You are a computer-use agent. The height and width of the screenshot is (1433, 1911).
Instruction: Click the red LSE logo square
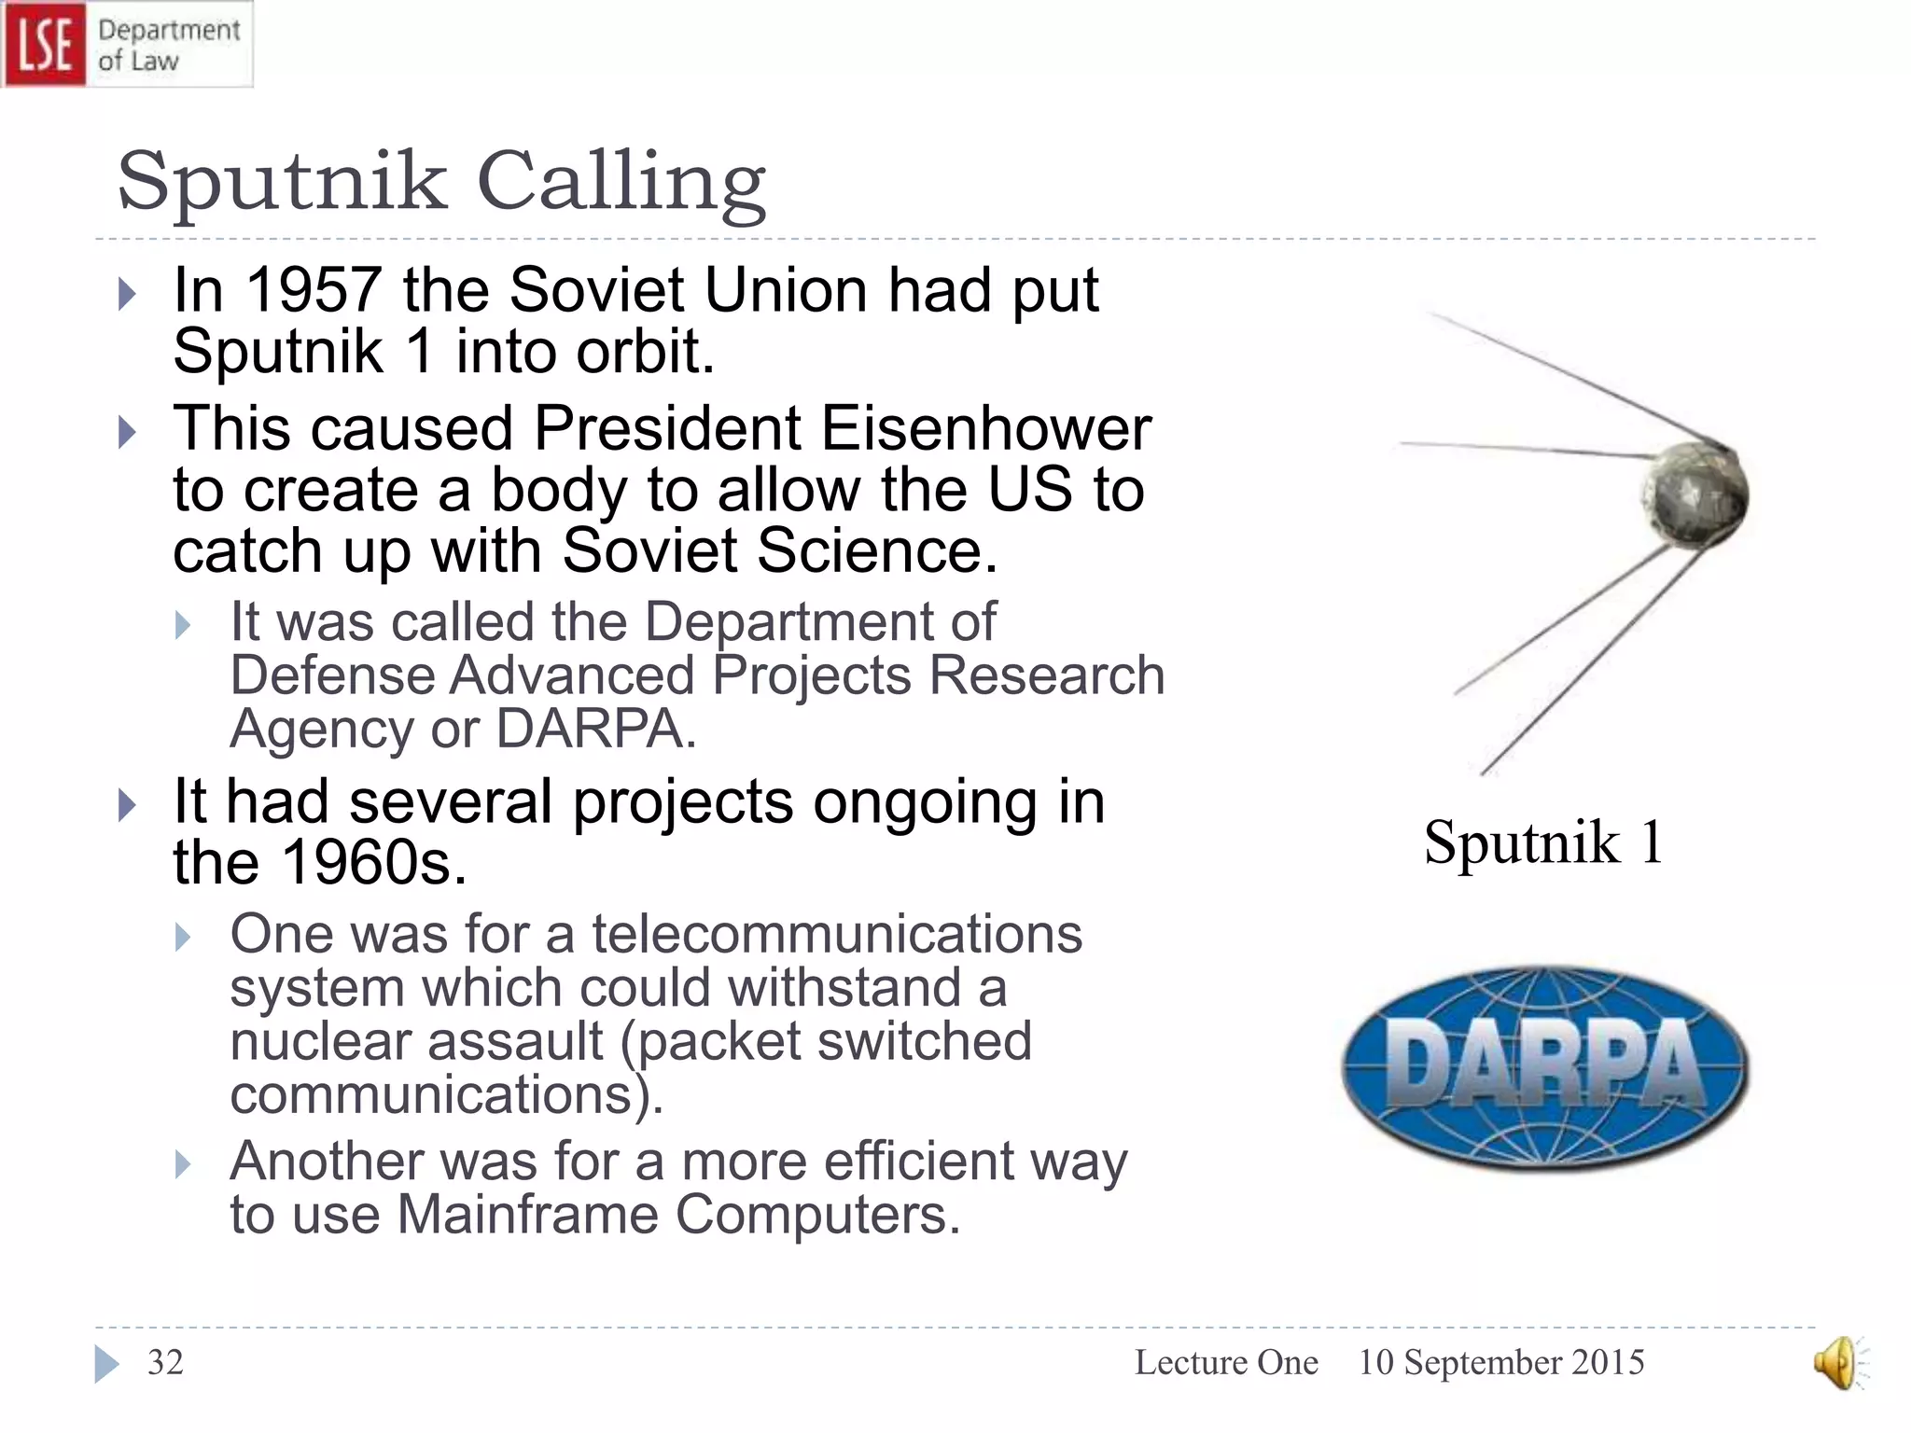pyautogui.click(x=44, y=44)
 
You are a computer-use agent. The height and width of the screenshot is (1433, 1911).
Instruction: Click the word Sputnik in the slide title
pyautogui.click(x=282, y=183)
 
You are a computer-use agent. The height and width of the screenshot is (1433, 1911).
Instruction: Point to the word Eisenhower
pyautogui.click(x=985, y=429)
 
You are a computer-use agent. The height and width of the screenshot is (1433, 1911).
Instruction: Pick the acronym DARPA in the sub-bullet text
pyautogui.click(x=595, y=729)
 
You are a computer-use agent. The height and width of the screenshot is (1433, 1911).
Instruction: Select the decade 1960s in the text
pyautogui.click(x=373, y=862)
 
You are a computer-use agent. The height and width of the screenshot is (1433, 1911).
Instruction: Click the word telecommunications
pyautogui.click(x=836, y=934)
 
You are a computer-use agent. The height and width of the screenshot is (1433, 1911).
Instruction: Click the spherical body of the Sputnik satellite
pyautogui.click(x=1695, y=494)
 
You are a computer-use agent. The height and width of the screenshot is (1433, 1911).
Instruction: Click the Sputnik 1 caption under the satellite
pyautogui.click(x=1543, y=842)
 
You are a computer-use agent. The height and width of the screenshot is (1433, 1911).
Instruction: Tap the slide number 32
pyautogui.click(x=165, y=1362)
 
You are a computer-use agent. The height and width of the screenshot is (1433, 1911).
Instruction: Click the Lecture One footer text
pyautogui.click(x=1226, y=1362)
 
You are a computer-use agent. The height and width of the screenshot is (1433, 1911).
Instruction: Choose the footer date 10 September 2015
pyautogui.click(x=1500, y=1362)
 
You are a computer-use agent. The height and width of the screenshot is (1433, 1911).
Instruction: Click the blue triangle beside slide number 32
pyautogui.click(x=106, y=1364)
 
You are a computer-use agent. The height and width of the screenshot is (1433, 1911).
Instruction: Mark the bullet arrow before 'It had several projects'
pyautogui.click(x=128, y=805)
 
